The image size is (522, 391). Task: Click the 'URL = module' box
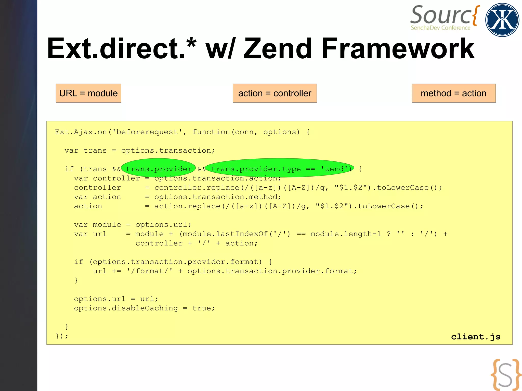88,93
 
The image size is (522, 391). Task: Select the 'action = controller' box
275,93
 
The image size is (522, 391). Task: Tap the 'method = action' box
453,93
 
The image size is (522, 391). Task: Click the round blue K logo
502,20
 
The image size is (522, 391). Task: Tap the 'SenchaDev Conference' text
440,28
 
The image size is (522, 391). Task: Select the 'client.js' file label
476,337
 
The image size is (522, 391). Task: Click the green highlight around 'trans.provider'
159,168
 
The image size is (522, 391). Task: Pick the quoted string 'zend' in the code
334,169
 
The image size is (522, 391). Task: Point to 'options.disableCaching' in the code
126,308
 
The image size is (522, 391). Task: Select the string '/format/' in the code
149,271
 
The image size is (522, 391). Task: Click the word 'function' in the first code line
211,132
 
